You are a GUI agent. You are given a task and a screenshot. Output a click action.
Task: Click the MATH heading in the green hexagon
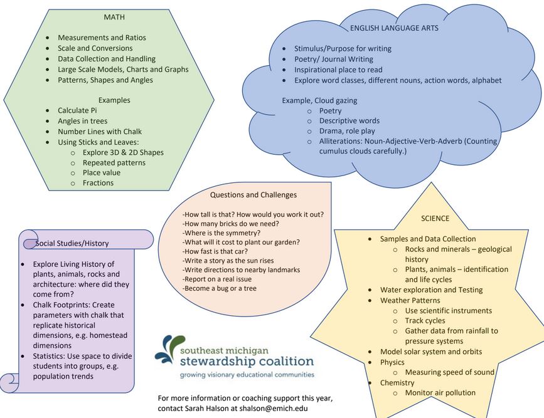click(114, 17)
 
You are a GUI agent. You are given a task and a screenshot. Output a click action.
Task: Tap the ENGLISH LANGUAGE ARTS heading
click(394, 28)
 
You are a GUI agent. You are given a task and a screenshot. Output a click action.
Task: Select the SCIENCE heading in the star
click(435, 218)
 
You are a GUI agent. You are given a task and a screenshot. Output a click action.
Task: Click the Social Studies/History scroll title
click(72, 243)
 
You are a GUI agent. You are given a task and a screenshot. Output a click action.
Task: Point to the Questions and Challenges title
click(253, 195)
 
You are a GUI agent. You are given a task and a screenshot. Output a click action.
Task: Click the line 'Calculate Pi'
click(77, 110)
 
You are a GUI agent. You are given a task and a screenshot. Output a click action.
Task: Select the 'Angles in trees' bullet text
click(83, 121)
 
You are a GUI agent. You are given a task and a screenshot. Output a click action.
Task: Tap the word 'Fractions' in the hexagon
click(98, 183)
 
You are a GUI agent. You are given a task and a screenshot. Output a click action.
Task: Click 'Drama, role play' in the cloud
click(347, 131)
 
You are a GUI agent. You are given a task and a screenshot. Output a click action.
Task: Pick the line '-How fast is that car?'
click(215, 251)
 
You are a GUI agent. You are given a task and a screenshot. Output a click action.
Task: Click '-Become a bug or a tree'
click(219, 288)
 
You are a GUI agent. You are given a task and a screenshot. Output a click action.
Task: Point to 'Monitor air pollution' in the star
click(440, 393)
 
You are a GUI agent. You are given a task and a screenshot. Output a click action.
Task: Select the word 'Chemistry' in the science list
click(397, 383)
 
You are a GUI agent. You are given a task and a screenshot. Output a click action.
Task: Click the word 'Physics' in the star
click(392, 362)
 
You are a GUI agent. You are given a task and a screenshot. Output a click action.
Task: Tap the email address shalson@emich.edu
click(274, 409)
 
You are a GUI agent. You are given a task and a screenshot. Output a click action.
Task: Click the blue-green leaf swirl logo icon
click(169, 348)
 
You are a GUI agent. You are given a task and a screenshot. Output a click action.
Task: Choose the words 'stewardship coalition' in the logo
click(247, 361)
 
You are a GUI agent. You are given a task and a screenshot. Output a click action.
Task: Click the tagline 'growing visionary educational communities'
click(247, 375)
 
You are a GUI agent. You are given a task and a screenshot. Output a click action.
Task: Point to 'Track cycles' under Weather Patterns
click(425, 321)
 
